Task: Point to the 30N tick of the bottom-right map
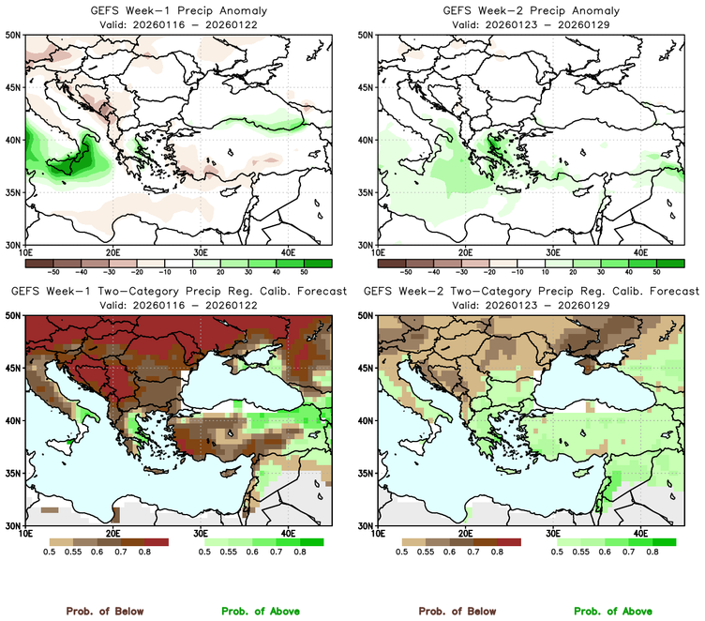[x=367, y=525]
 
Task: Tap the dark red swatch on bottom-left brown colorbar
[x=156, y=542]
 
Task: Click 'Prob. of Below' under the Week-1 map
[x=105, y=611]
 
